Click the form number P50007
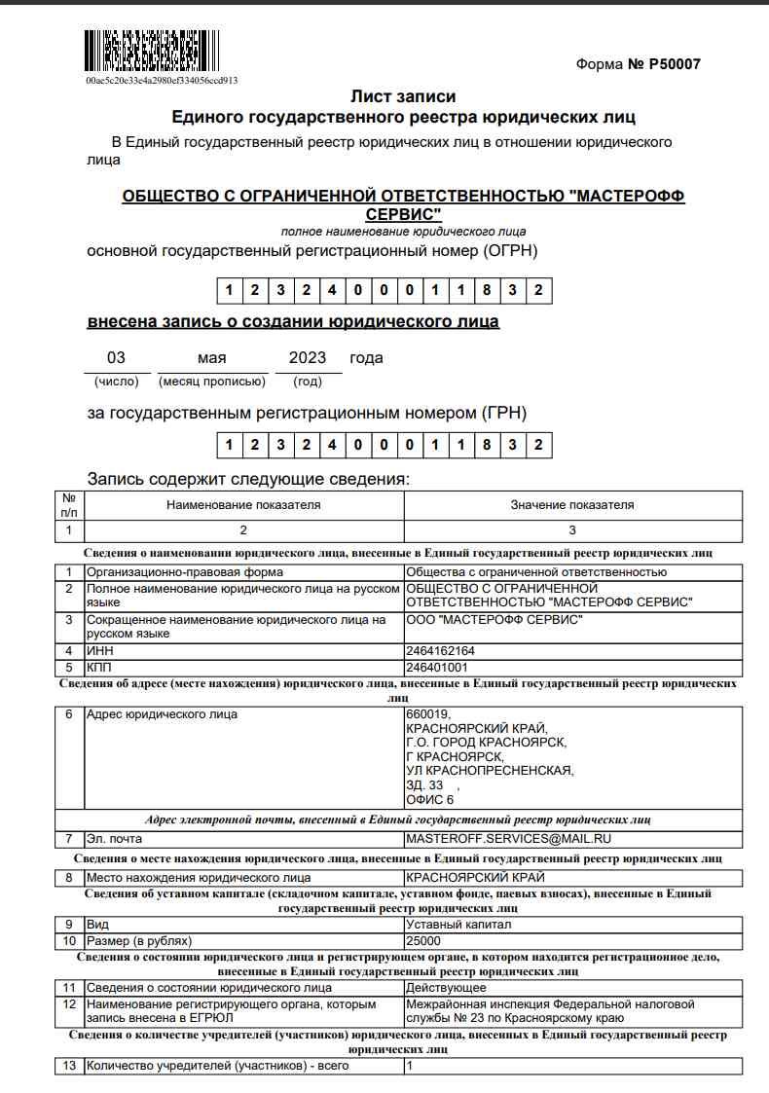pyautogui.click(x=638, y=64)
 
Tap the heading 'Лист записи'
pyautogui.click(x=402, y=96)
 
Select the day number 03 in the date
pyautogui.click(x=116, y=357)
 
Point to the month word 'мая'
pyautogui.click(x=211, y=357)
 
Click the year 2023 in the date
pyautogui.click(x=308, y=357)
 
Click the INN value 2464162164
pyautogui.click(x=440, y=650)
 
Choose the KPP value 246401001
pyautogui.click(x=436, y=668)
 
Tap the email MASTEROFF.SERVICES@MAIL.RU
pyautogui.click(x=508, y=838)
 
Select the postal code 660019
pyautogui.click(x=428, y=714)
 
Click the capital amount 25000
pyautogui.click(x=423, y=941)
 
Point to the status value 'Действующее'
pyautogui.click(x=446, y=988)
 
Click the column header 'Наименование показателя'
pyautogui.click(x=243, y=505)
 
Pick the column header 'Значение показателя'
pyautogui.click(x=572, y=505)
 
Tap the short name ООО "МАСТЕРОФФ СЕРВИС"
pyautogui.click(x=494, y=620)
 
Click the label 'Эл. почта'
pyautogui.click(x=115, y=838)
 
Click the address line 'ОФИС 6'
pyautogui.click(x=430, y=800)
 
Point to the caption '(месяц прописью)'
pyautogui.click(x=212, y=382)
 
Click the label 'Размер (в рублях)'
pyautogui.click(x=139, y=941)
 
